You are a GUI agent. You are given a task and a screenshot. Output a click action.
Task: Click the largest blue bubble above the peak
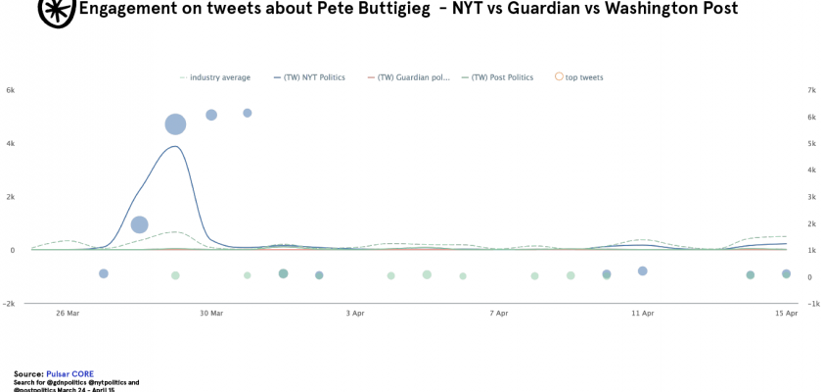tap(175, 123)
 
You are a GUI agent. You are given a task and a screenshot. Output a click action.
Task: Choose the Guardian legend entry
tap(410, 77)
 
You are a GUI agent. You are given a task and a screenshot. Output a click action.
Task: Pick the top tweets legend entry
tap(584, 77)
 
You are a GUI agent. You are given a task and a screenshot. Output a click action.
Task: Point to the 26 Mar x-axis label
tap(68, 314)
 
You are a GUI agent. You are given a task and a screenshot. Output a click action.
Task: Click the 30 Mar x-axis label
tap(211, 314)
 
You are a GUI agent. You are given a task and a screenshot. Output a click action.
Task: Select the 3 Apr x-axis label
tap(355, 314)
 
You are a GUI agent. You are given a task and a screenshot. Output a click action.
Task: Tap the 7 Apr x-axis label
tap(499, 314)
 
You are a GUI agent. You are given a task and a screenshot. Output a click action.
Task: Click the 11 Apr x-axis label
tap(643, 314)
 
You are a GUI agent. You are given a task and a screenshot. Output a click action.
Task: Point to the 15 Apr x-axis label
tap(787, 314)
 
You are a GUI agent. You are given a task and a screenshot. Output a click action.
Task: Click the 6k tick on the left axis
tap(10, 90)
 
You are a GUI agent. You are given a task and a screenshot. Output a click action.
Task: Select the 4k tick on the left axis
tap(10, 144)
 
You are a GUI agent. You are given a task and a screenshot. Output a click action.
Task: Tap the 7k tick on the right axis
tap(811, 90)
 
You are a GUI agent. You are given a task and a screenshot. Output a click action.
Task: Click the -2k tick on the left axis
tap(9, 304)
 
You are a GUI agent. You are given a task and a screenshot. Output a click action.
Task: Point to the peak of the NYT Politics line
tap(175, 147)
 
